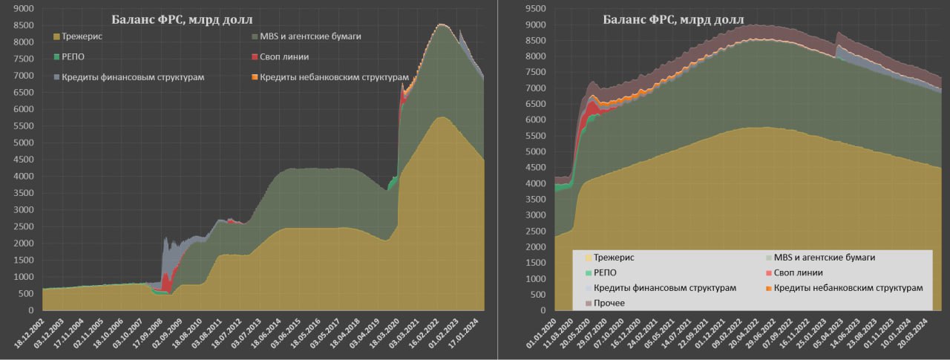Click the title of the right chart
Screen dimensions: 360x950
[678, 19]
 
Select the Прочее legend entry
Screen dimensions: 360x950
[606, 303]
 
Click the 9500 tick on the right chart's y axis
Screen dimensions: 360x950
[535, 9]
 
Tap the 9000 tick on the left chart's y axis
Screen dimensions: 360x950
[24, 9]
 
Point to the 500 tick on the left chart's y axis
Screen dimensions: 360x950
[27, 294]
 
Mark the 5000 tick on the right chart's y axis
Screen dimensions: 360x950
[535, 151]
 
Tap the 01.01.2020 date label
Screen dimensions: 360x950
[543, 338]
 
